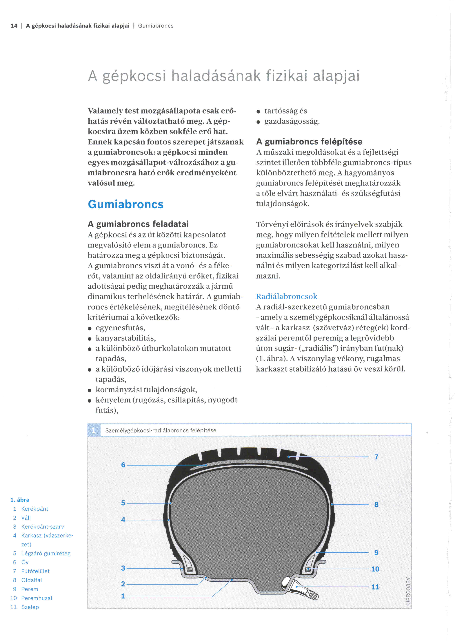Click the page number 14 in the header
(x=14, y=26)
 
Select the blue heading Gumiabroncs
(x=125, y=204)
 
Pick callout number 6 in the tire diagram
(x=123, y=465)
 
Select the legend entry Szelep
(x=30, y=607)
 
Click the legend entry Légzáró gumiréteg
(x=46, y=553)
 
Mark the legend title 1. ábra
(x=20, y=500)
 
